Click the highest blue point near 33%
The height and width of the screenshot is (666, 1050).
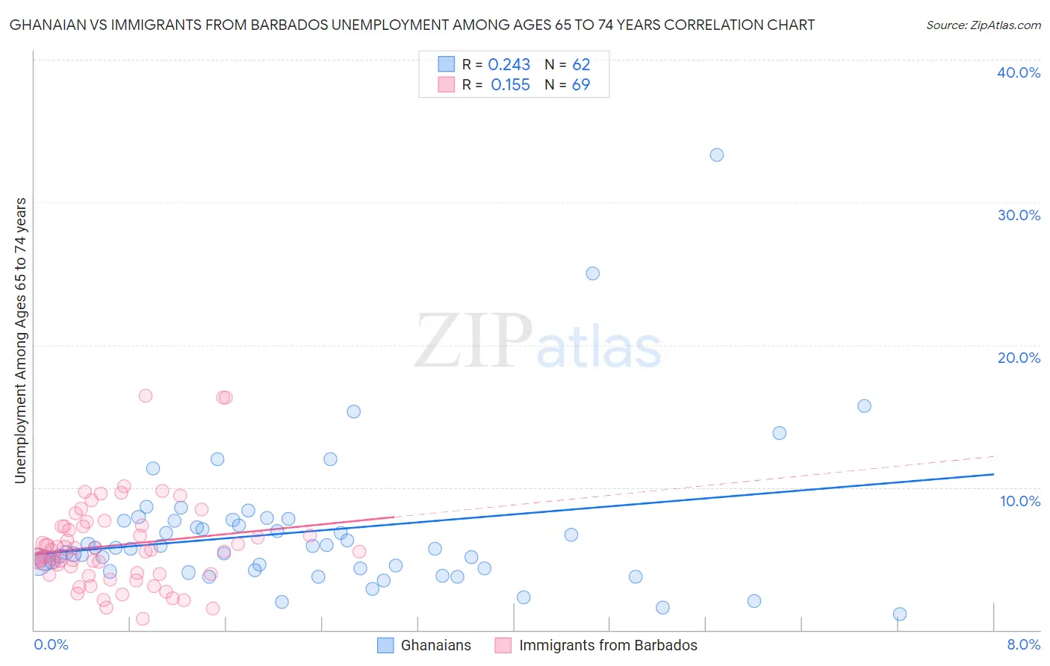[716, 155]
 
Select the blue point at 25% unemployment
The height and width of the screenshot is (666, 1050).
[592, 273]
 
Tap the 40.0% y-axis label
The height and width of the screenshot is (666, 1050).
[1019, 72]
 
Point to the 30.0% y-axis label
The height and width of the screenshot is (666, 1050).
[1019, 215]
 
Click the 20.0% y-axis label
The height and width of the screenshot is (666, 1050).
[1019, 358]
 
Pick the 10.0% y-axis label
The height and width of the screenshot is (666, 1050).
[1020, 501]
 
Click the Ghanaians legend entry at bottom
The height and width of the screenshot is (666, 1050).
[435, 646]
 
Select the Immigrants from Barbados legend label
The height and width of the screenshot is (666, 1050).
[608, 646]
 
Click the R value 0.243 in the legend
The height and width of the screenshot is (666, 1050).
[509, 65]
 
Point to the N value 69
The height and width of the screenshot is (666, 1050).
[581, 85]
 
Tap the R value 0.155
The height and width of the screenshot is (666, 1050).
[510, 85]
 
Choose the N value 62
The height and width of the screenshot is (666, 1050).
[581, 65]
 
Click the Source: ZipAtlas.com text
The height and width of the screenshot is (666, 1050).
[983, 25]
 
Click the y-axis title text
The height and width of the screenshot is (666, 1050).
[21, 340]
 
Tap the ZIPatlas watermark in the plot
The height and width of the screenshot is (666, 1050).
[538, 341]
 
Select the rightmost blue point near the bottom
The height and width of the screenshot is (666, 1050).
[899, 614]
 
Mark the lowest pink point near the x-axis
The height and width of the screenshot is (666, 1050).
[143, 619]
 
